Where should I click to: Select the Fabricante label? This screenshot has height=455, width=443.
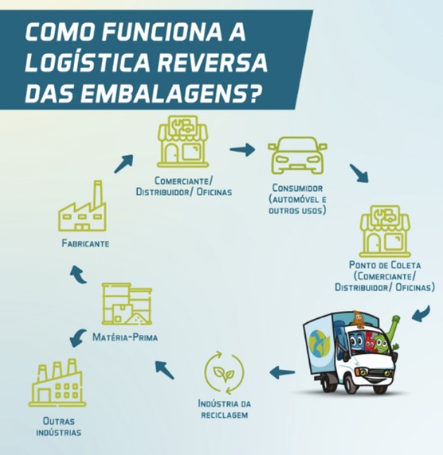pos(85,243)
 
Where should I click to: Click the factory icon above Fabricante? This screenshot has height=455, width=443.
pos(82,206)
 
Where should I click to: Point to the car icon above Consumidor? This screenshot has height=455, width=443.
pos(297,155)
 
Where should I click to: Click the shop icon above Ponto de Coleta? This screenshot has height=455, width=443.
pos(385,231)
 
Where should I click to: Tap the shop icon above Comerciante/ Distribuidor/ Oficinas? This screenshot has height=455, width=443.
pos(183,142)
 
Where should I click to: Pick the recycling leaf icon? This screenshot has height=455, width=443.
pos(224,372)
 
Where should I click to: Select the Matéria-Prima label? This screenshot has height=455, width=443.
pos(125,337)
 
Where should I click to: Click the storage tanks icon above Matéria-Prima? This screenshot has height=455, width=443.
pos(127,304)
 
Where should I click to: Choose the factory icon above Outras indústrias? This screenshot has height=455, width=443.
pos(57,383)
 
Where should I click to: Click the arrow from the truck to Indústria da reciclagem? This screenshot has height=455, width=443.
pos(282,372)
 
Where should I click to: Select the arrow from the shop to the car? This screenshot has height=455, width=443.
pos(242,150)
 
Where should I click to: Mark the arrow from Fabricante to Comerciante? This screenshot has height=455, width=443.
pos(123,164)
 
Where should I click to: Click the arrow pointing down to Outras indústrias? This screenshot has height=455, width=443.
pos(77,338)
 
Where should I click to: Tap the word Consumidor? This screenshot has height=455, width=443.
pos(297,188)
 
